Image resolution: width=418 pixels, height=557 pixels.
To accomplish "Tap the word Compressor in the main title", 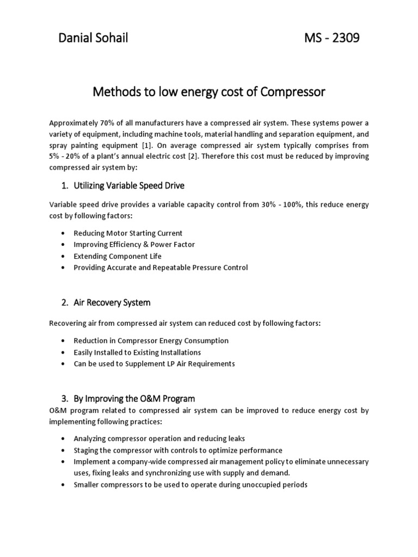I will [292, 92].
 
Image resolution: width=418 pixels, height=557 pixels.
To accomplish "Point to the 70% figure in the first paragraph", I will [100, 122].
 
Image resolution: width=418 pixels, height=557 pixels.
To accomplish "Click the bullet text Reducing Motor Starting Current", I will [128, 233].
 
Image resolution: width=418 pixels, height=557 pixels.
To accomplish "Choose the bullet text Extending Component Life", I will [118, 256].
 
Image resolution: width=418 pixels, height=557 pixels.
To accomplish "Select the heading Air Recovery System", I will [112, 302].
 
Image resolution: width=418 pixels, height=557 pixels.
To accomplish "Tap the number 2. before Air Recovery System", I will [64, 302].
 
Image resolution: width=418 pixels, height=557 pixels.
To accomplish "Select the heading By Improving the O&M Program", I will [134, 399].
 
